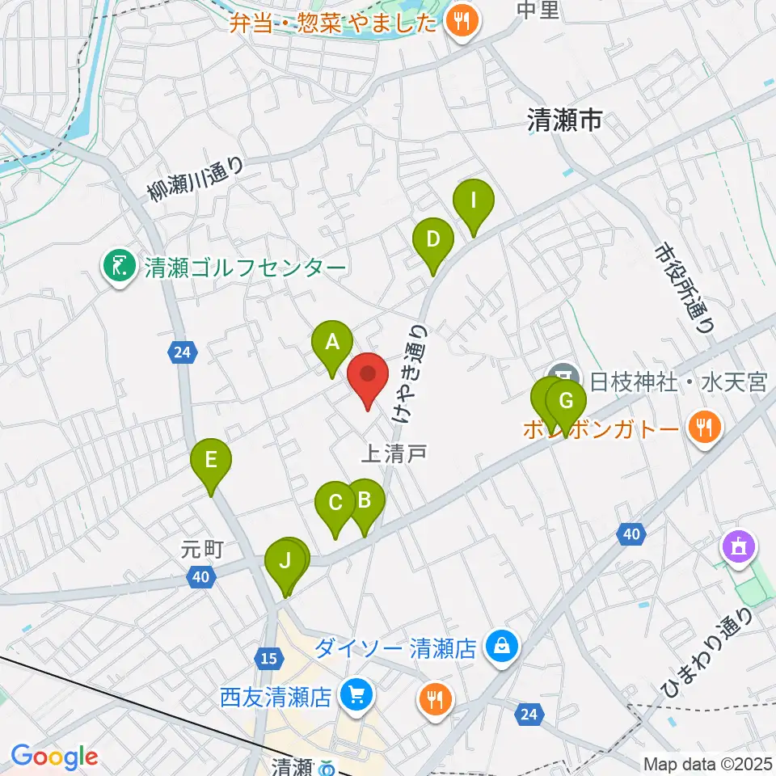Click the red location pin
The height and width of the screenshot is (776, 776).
coord(368,376)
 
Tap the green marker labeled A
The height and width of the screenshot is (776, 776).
coord(332,344)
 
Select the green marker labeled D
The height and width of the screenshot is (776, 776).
coord(433,241)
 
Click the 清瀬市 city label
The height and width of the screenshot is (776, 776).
coord(564,121)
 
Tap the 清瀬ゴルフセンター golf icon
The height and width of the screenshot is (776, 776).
coord(119,267)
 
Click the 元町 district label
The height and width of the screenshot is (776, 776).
coord(202,550)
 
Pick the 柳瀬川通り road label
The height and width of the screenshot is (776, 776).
coord(196,178)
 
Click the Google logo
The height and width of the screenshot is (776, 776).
coord(54,757)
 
